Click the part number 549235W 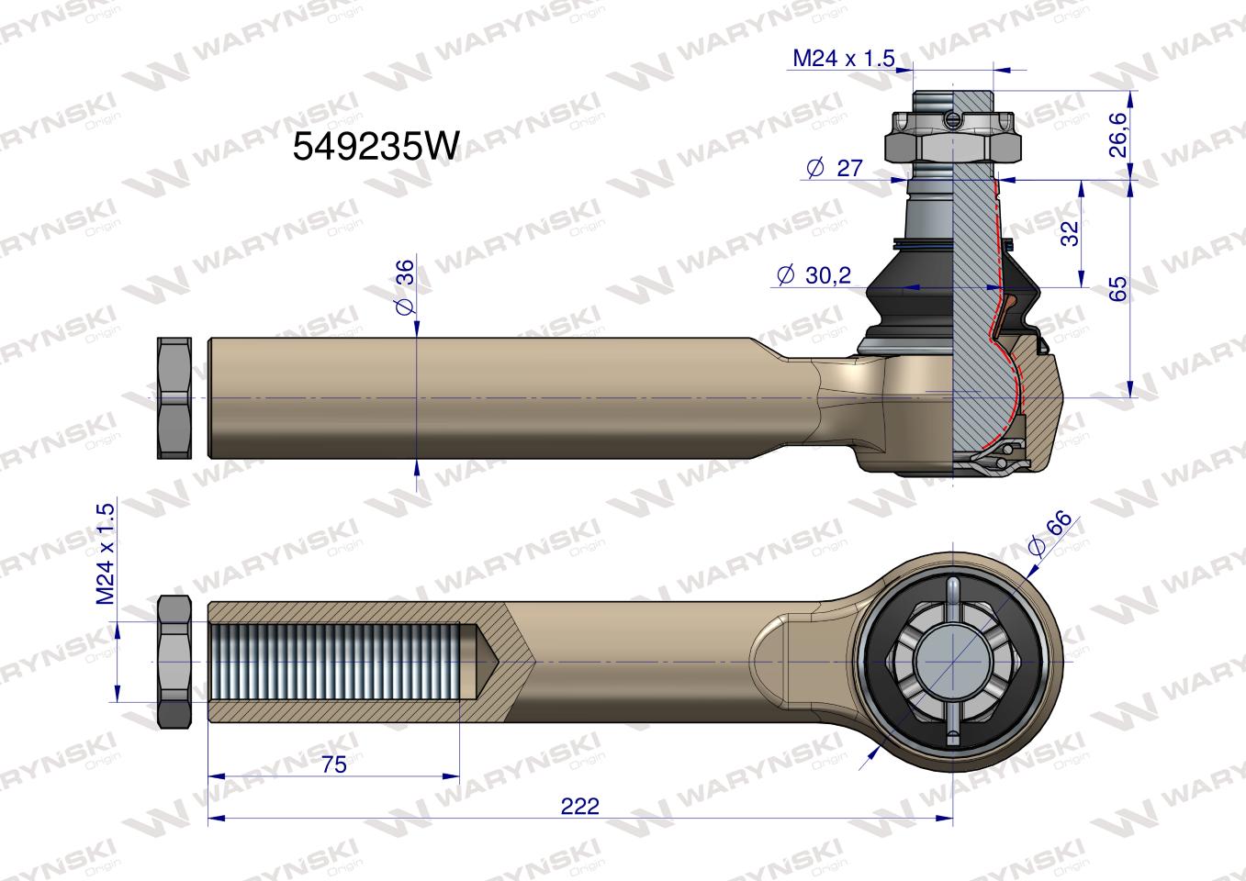pos(376,147)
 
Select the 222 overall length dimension pos(580,806)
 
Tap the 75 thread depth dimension pos(333,764)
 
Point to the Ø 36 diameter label pos(406,287)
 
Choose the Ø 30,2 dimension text pos(814,275)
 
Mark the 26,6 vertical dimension pos(1117,135)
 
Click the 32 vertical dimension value pos(1070,233)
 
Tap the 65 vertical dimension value pos(1117,288)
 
